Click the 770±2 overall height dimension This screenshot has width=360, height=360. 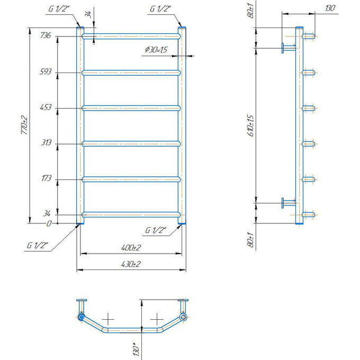point(24,125)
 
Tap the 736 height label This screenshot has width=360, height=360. point(46,35)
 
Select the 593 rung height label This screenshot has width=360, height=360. point(46,71)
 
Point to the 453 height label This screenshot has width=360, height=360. point(46,107)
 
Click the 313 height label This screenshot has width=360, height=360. point(46,142)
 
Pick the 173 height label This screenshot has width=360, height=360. point(46,178)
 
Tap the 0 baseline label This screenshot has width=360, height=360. point(49,223)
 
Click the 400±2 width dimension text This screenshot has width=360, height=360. point(131,248)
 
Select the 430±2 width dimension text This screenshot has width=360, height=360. point(131,264)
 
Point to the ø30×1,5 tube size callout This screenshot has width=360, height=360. point(156,50)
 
